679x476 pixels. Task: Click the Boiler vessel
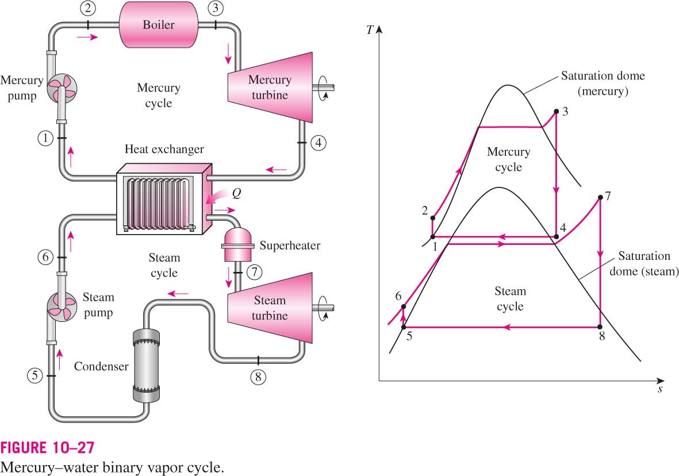pyautogui.click(x=159, y=24)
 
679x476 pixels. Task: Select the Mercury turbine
pyautogui.click(x=270, y=87)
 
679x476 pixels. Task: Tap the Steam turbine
pyautogui.click(x=270, y=308)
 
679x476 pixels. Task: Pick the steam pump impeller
pyautogui.click(x=62, y=305)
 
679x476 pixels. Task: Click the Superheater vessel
pyautogui.click(x=238, y=245)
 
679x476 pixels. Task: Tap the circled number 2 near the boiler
pyautogui.click(x=88, y=7)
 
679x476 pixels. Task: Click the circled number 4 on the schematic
pyautogui.click(x=319, y=142)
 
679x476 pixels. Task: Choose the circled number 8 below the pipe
pyautogui.click(x=258, y=377)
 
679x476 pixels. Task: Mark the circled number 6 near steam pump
pyautogui.click(x=45, y=258)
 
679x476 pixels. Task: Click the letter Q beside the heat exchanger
pyautogui.click(x=236, y=193)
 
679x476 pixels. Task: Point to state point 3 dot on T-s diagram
pyautogui.click(x=557, y=112)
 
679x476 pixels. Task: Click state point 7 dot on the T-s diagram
pyautogui.click(x=600, y=198)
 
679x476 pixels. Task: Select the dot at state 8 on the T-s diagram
pyautogui.click(x=600, y=327)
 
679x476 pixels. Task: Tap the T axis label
pyautogui.click(x=369, y=30)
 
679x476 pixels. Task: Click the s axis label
pyautogui.click(x=660, y=389)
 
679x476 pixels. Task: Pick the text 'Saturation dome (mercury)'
pyautogui.click(x=603, y=83)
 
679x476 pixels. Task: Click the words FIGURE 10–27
pyautogui.click(x=47, y=447)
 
